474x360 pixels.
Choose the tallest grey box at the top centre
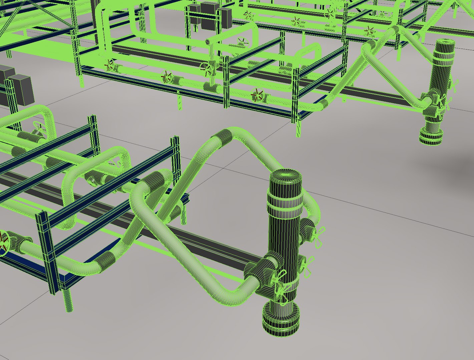210,15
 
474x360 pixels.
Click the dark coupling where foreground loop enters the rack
157,182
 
